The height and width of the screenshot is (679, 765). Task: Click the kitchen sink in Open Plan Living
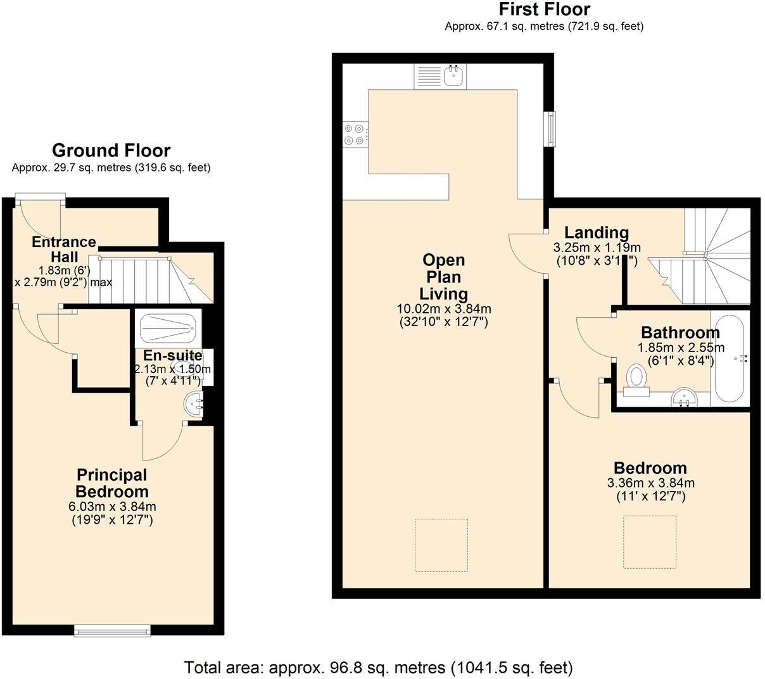pyautogui.click(x=453, y=76)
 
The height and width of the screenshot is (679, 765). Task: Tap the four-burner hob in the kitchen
pyautogui.click(x=354, y=134)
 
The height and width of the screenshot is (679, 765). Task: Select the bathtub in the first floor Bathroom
pyautogui.click(x=729, y=359)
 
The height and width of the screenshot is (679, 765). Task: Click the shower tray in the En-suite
pyautogui.click(x=168, y=328)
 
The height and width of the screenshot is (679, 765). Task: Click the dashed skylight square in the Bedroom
pyautogui.click(x=650, y=542)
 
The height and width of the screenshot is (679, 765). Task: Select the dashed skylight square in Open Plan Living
pyautogui.click(x=441, y=545)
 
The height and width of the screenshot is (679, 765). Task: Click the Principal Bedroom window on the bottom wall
pyautogui.click(x=112, y=630)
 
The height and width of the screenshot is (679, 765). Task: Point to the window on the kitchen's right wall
pyautogui.click(x=552, y=129)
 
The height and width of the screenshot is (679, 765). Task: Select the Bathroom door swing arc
pyautogui.click(x=594, y=336)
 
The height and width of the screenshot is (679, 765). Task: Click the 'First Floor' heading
pyautogui.click(x=544, y=10)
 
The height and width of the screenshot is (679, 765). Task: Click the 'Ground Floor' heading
pyautogui.click(x=111, y=151)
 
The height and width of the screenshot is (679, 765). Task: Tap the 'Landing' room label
pyautogui.click(x=596, y=232)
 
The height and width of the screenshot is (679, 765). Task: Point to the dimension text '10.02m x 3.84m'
pyautogui.click(x=443, y=309)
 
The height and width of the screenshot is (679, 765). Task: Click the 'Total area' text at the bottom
pyautogui.click(x=378, y=667)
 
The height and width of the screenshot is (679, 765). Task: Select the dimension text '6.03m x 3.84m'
pyautogui.click(x=112, y=506)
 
